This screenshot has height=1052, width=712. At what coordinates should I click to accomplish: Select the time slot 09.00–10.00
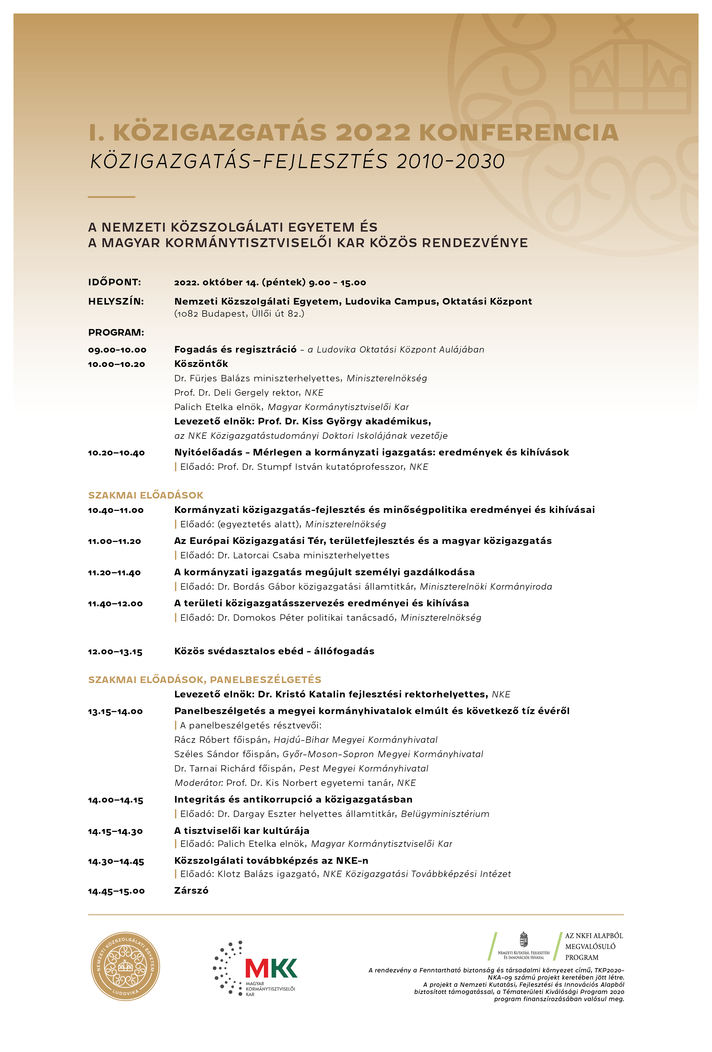117,350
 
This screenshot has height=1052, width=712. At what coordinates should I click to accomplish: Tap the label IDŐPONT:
115,282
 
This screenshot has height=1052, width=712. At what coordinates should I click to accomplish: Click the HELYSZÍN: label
116,301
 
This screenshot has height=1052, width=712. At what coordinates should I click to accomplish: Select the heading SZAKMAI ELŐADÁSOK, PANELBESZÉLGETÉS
204,680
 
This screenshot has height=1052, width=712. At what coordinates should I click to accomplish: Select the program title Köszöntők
201,364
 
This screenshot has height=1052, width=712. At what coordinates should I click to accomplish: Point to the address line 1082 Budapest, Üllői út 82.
239,314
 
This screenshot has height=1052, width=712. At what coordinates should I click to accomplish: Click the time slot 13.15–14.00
115,711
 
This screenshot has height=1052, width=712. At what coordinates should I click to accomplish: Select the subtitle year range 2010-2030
450,161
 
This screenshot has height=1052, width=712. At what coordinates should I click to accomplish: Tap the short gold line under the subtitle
111,197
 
